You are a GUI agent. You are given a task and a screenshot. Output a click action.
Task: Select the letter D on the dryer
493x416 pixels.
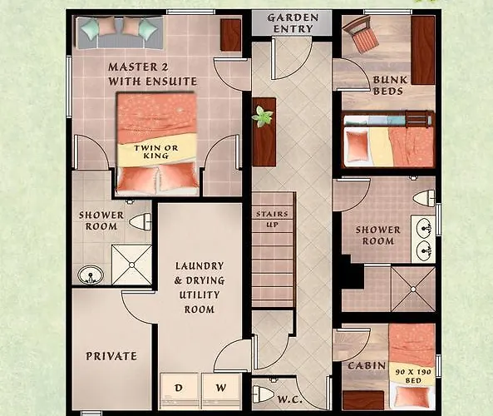[178, 388]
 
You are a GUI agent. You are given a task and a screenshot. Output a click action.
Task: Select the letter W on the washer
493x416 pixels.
[219, 388]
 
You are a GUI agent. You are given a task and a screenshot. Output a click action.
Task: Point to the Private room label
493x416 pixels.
[111, 356]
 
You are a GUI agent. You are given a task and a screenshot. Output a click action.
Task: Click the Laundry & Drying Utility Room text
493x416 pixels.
[200, 288]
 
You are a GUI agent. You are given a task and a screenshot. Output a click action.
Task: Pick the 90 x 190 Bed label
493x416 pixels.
[413, 375]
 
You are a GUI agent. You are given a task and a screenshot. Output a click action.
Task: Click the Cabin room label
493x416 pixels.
[366, 365]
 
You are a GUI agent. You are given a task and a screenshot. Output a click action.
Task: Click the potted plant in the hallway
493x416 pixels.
[264, 116]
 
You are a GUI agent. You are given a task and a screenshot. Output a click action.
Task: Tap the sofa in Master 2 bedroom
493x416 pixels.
[117, 32]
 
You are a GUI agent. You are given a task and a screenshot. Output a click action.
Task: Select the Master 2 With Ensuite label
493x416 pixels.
[152, 73]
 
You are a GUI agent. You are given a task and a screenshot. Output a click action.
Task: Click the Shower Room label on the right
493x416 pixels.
[377, 235]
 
